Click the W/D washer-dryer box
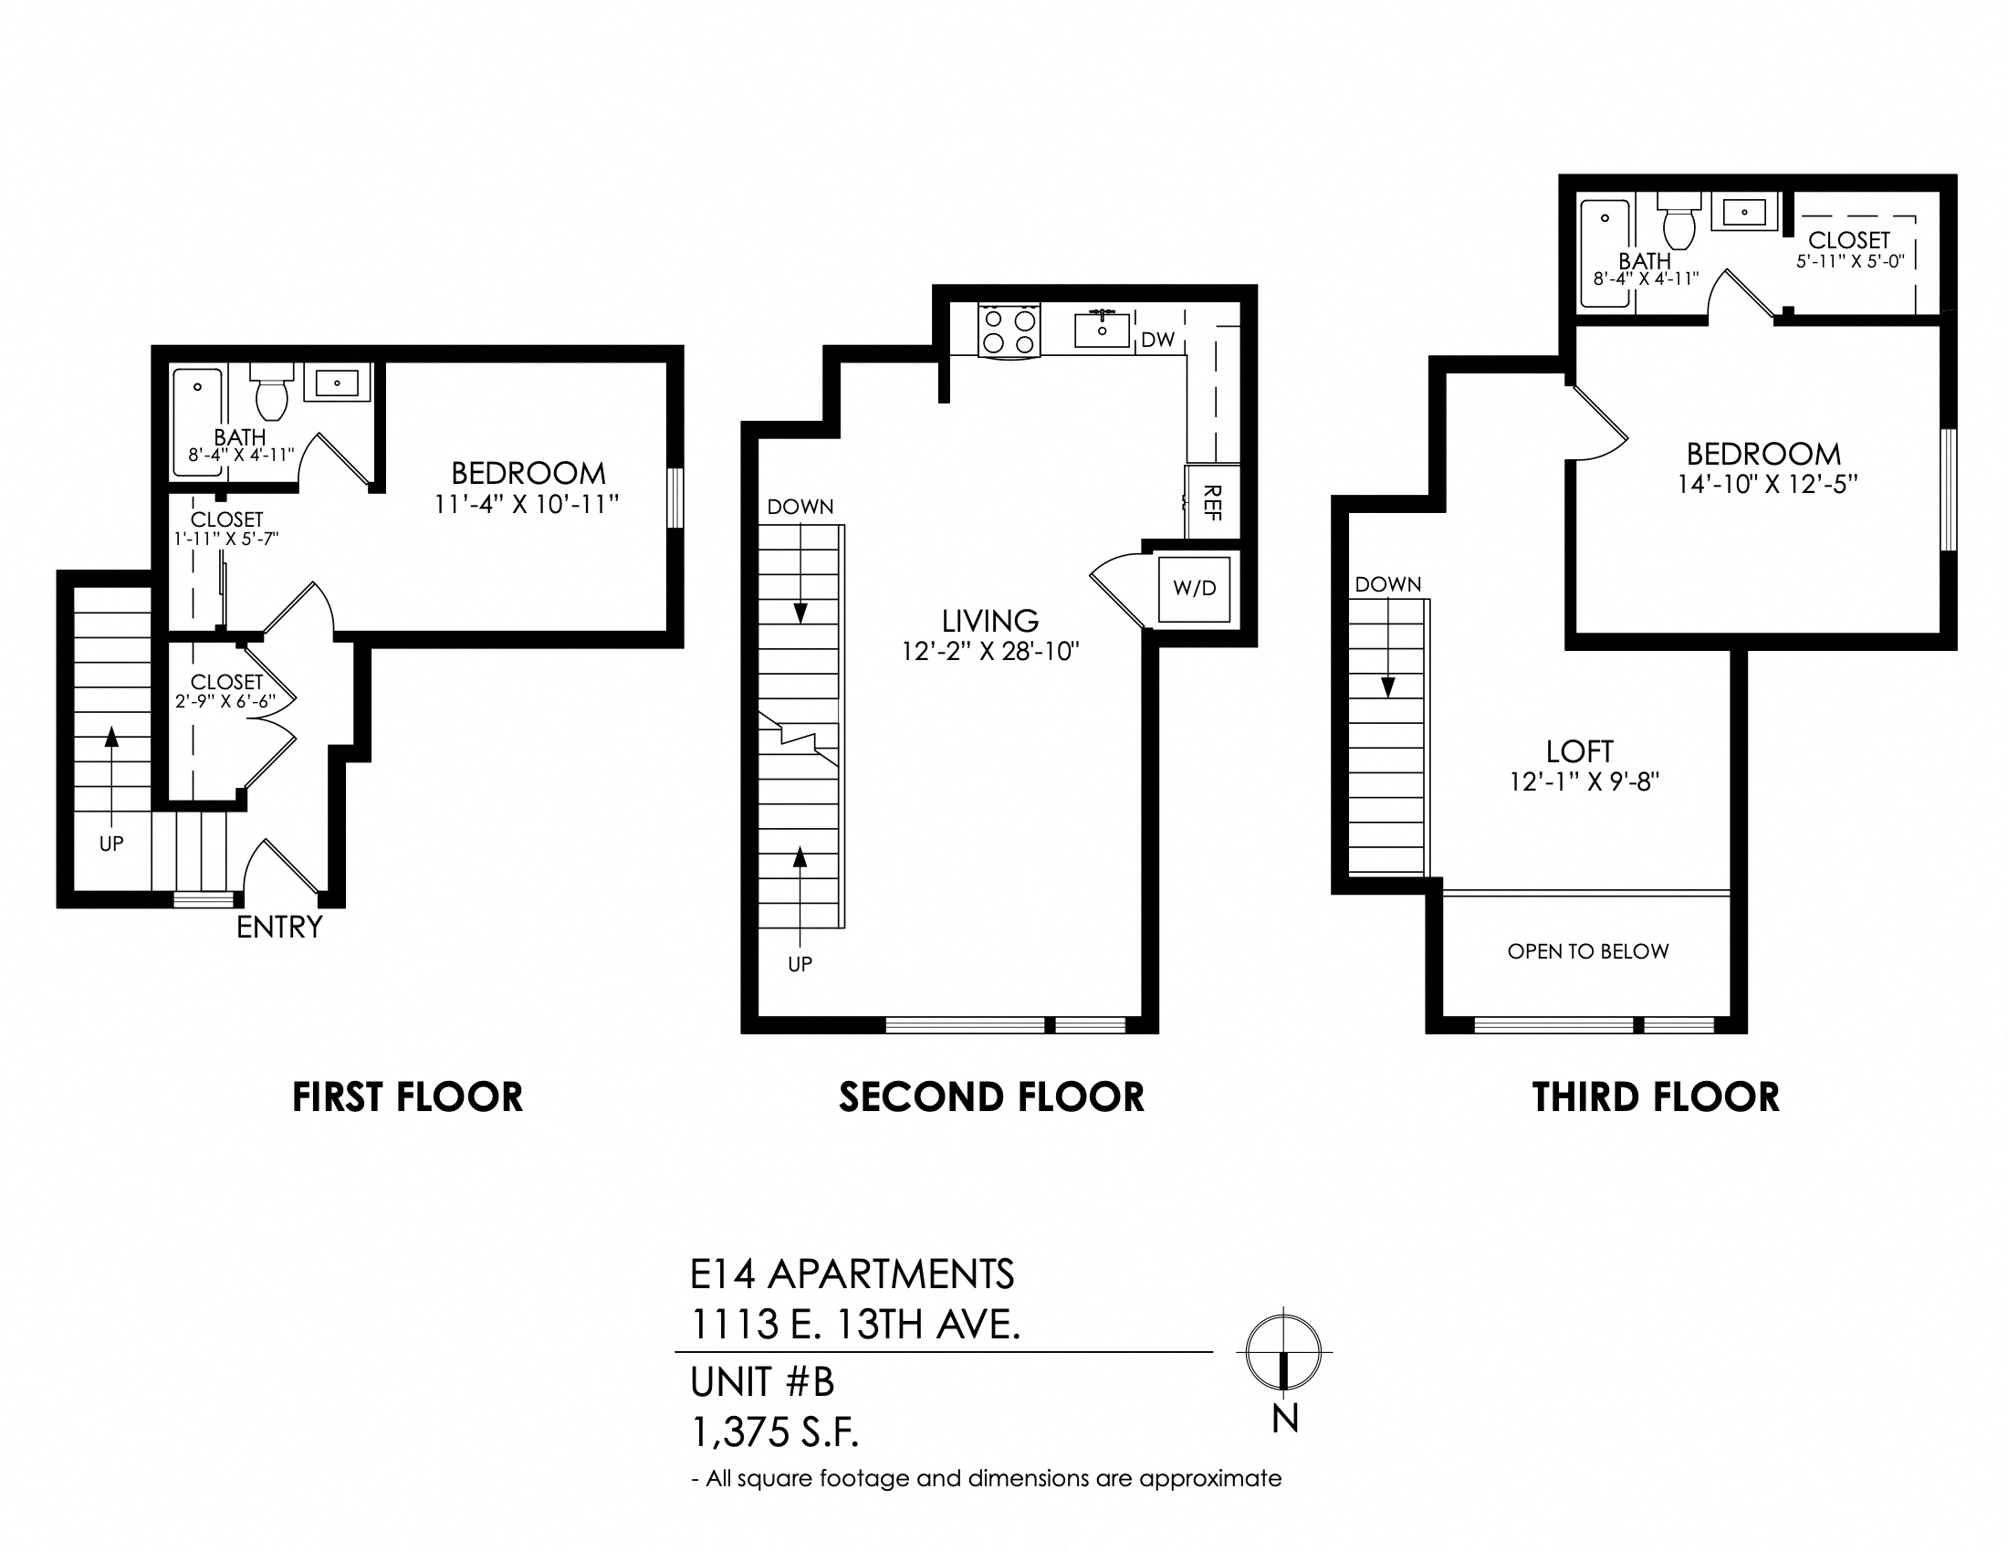coord(1195,589)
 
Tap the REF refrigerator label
coord(1212,504)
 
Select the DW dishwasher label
coord(1158,340)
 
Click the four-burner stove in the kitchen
coord(1009,331)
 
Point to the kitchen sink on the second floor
coord(1102,330)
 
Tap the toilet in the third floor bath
coord(1679,221)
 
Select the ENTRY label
coord(279,927)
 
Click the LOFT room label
coord(1580,751)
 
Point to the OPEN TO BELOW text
coord(1588,951)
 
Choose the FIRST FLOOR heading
coord(407,1096)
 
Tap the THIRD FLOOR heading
coord(1656,1096)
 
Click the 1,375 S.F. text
coord(775,1431)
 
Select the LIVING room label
coord(990,621)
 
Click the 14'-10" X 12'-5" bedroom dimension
coord(1767,484)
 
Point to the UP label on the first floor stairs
coord(111,844)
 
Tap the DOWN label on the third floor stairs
coord(1387,584)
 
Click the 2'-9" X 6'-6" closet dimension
coord(226,700)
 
